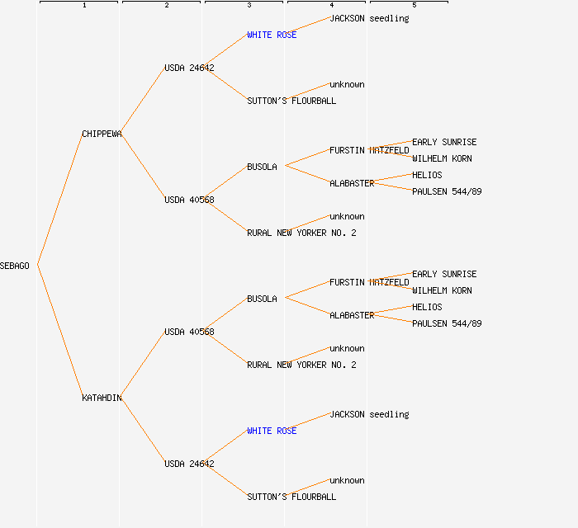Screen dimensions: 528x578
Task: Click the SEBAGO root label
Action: [15, 266]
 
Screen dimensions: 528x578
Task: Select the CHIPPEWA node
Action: [102, 134]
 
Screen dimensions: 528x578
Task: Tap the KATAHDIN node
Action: [102, 398]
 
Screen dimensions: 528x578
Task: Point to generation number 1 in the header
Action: [83, 6]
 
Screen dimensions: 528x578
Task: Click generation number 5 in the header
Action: [414, 6]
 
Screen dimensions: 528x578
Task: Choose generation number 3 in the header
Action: [249, 6]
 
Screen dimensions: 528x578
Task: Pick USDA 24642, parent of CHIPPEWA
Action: [189, 68]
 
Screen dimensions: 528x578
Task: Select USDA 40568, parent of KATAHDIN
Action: [189, 332]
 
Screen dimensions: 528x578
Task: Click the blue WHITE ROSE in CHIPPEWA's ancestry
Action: [272, 35]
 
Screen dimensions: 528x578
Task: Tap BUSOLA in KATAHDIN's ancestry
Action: [262, 299]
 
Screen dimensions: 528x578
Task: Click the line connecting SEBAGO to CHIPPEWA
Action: [59, 200]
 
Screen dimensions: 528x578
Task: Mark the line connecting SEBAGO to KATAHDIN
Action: [59, 332]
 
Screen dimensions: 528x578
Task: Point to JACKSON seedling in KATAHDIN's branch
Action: [369, 414]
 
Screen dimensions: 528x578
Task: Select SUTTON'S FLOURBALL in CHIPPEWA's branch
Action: [291, 101]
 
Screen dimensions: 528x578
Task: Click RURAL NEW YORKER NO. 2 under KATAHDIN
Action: [301, 365]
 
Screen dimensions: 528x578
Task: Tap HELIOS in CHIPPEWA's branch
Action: [427, 175]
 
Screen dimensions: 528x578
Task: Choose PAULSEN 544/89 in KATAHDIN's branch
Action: [447, 323]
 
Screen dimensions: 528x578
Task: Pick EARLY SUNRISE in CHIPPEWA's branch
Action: [444, 142]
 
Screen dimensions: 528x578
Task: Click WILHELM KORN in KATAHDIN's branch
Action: [442, 290]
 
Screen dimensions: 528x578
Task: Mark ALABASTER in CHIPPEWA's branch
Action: [352, 183]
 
